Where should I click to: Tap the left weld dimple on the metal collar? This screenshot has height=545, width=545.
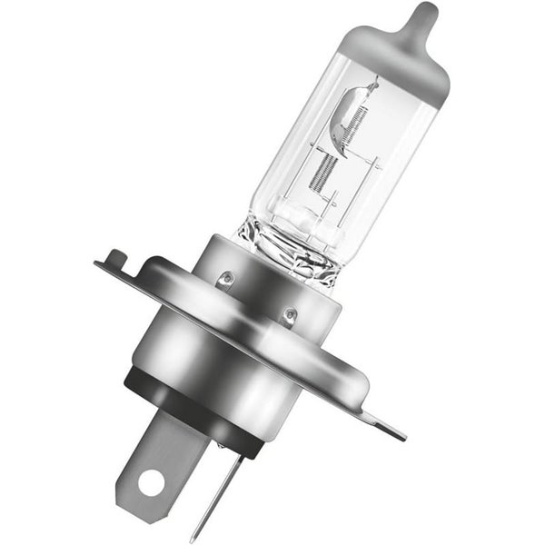click(226, 276)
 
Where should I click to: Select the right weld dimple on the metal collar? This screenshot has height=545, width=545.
click(290, 316)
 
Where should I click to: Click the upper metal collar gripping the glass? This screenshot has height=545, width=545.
click(263, 272)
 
